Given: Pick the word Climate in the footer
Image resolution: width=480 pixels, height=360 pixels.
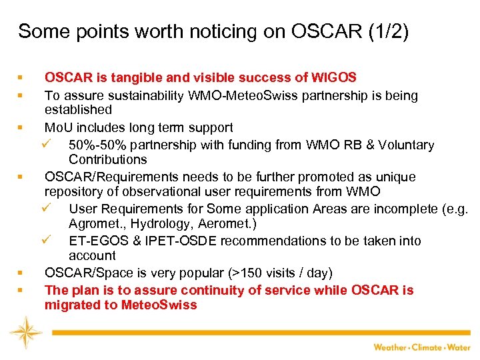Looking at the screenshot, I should pyautogui.click(x=426, y=347).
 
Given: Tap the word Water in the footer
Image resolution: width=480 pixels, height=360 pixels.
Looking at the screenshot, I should pyautogui.click(x=459, y=347).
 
